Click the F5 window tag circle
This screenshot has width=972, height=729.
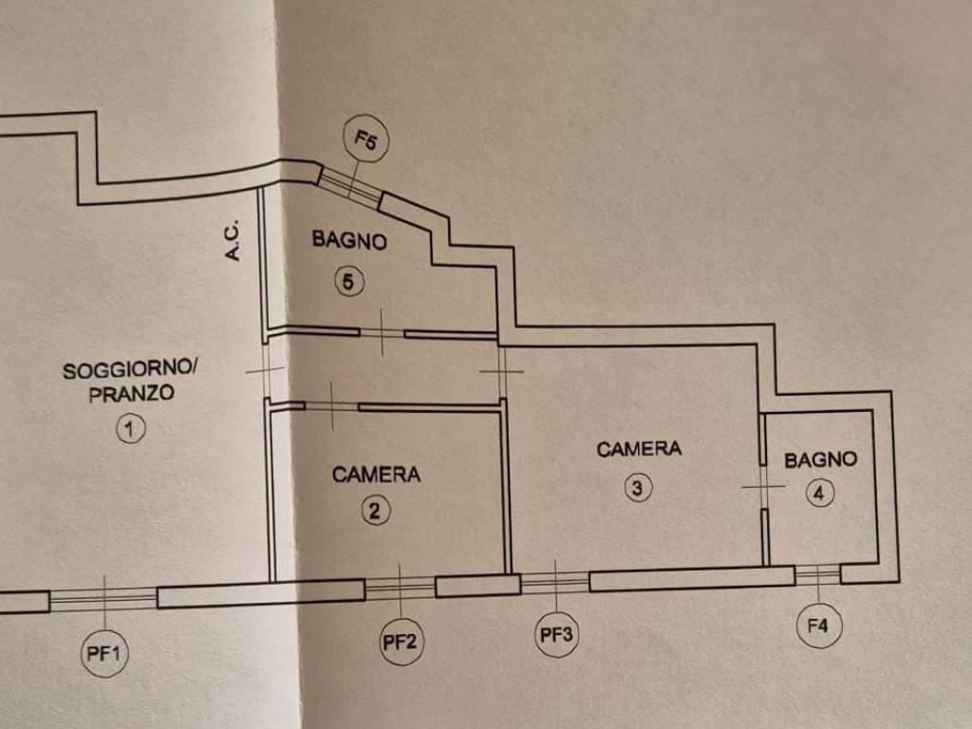[x=365, y=141]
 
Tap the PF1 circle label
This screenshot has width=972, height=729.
[x=104, y=653]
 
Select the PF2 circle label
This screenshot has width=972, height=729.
[x=400, y=642]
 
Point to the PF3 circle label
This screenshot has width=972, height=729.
[x=556, y=635]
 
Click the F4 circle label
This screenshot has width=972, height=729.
[x=818, y=626]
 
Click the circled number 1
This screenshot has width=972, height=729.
[x=130, y=429]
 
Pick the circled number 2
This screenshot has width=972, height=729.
[x=375, y=511]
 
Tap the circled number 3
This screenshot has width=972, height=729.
[x=638, y=488]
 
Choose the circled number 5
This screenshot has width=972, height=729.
[x=349, y=281]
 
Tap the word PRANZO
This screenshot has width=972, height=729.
[x=132, y=394]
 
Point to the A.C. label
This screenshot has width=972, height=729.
[x=233, y=241]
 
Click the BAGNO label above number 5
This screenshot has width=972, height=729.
[x=349, y=240]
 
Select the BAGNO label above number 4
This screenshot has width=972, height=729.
[x=820, y=459]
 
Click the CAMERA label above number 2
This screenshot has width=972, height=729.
[x=376, y=474]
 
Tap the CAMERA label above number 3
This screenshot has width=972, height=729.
[x=639, y=449]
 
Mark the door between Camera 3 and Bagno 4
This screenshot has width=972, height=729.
[x=763, y=487]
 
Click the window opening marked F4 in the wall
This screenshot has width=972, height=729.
[x=817, y=574]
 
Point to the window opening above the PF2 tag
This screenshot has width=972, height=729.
[x=400, y=588]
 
